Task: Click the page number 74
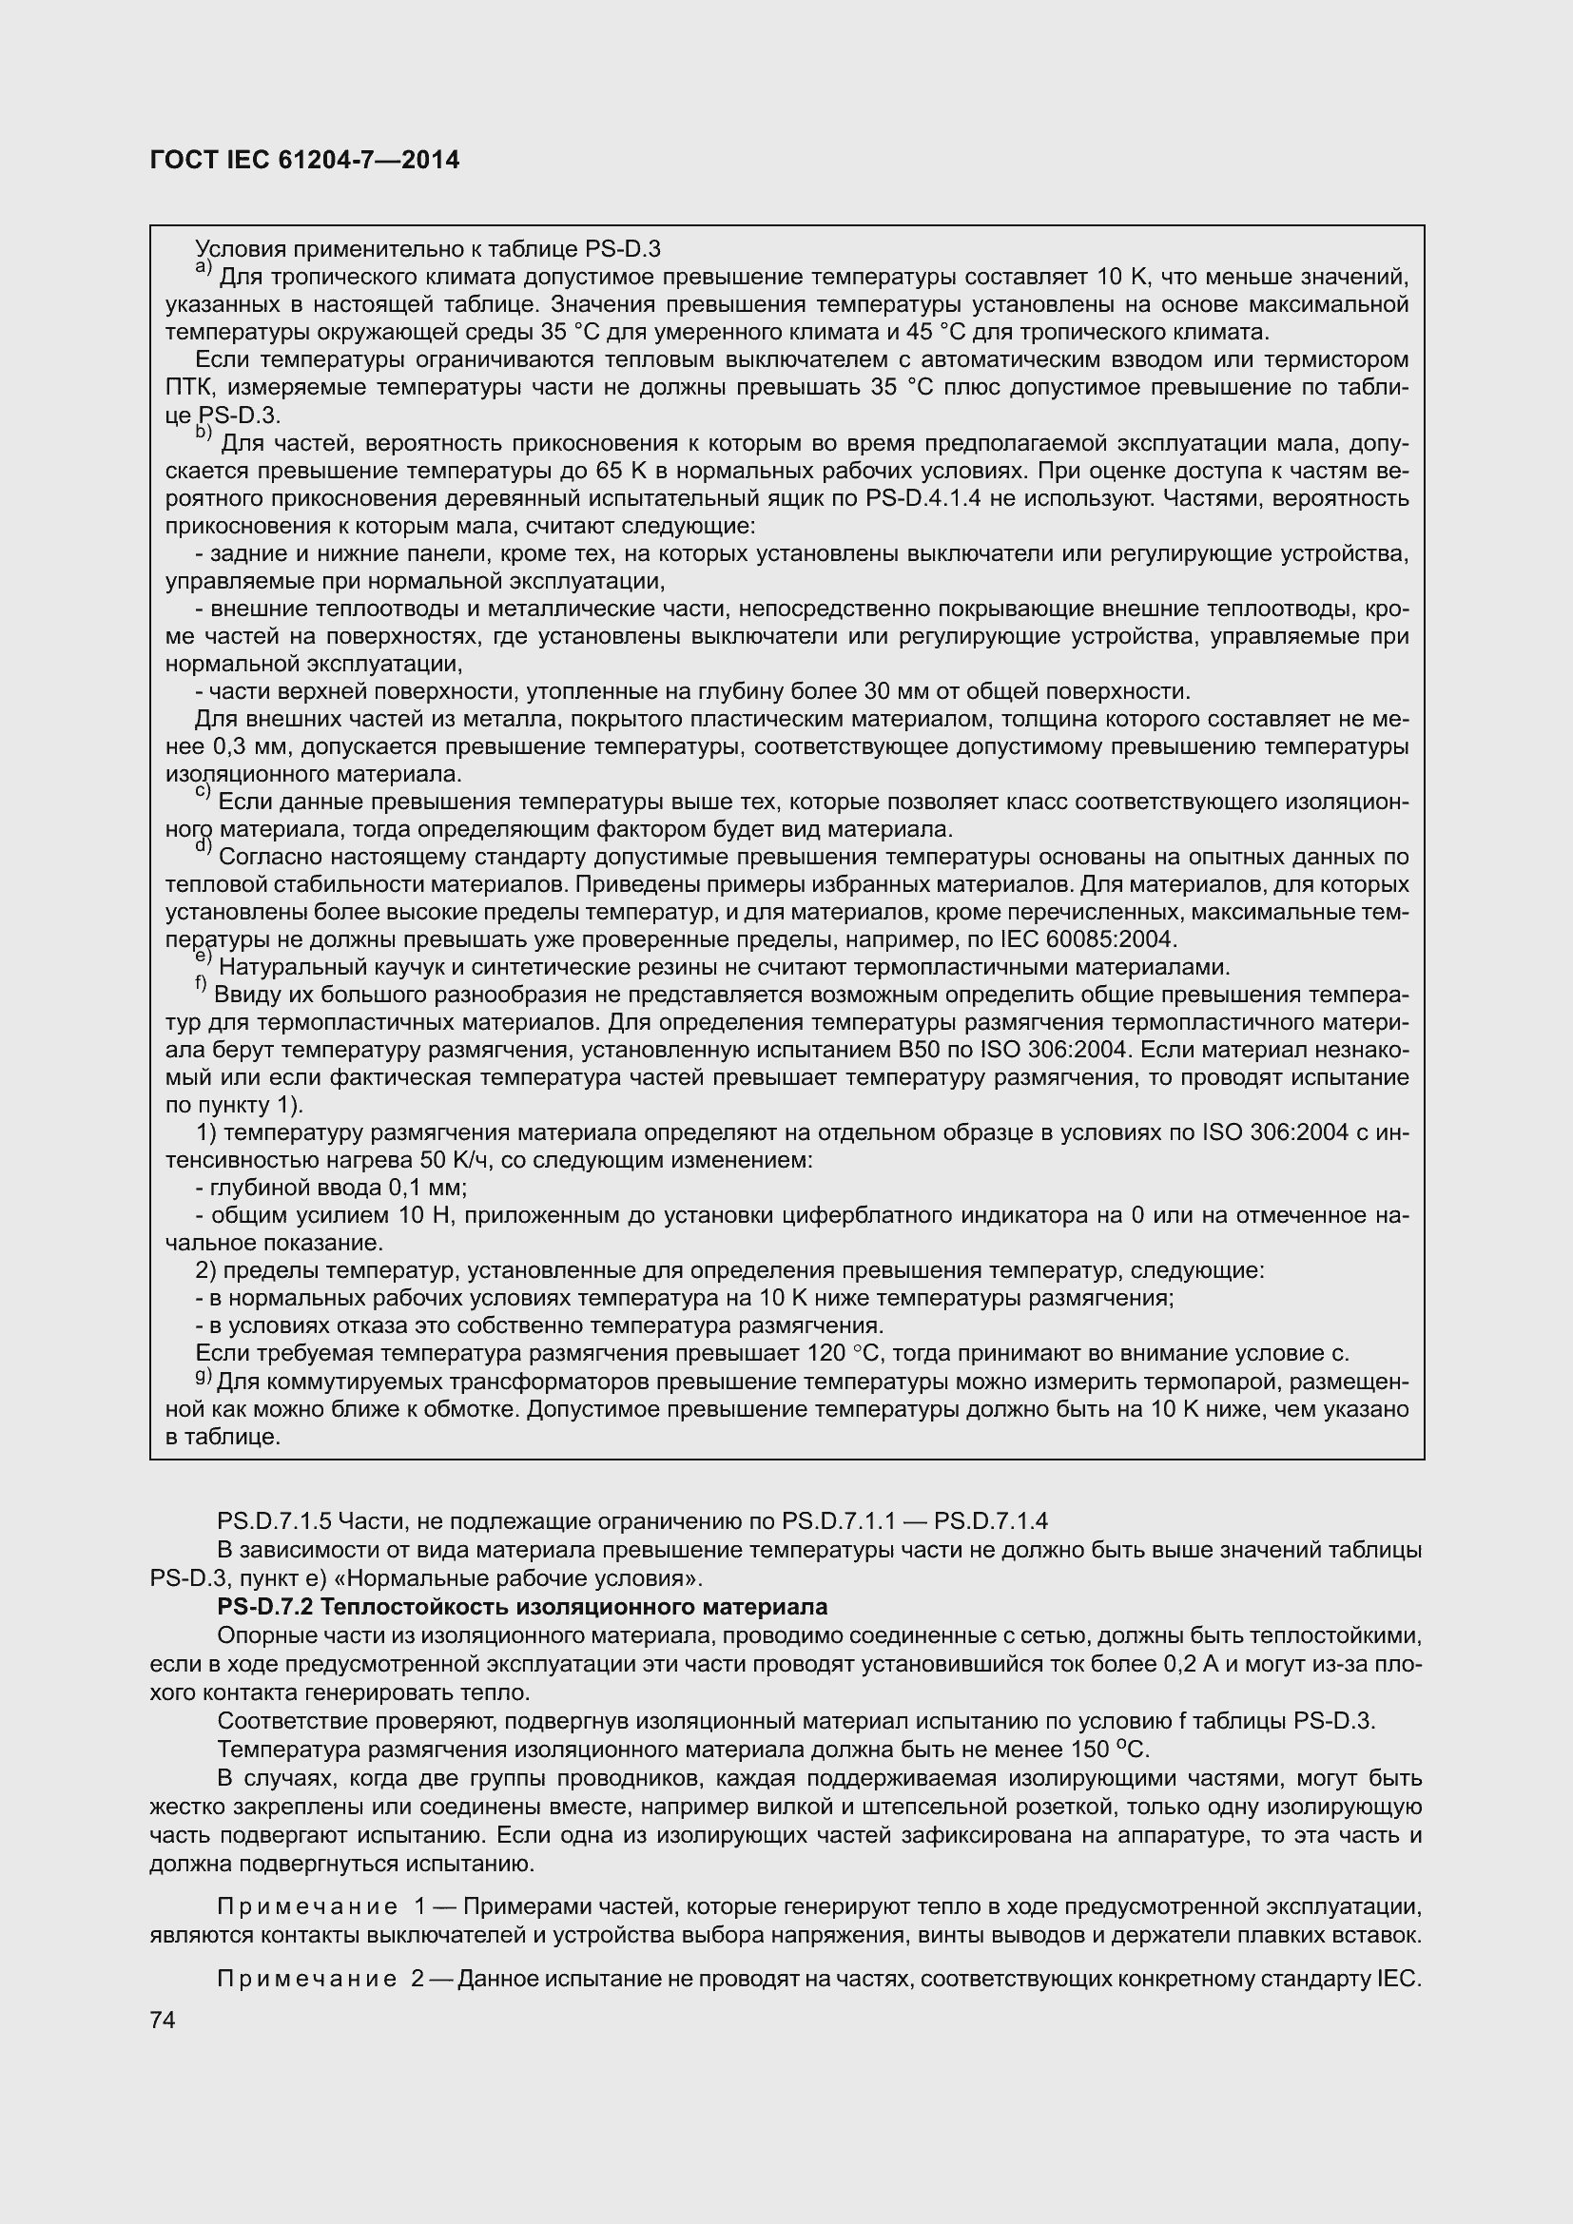(162, 2021)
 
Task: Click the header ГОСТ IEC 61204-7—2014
(305, 160)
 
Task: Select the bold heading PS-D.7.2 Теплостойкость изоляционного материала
(522, 1607)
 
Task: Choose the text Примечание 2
(320, 1978)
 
